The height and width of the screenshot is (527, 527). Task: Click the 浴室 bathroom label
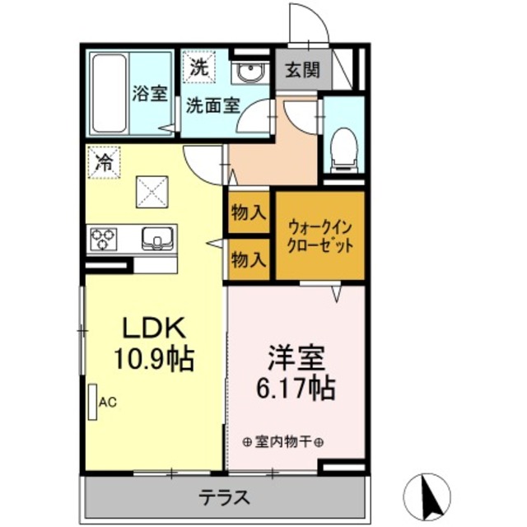coord(149,92)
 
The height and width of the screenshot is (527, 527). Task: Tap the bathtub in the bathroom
coord(109,93)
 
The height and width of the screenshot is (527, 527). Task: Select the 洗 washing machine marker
coord(198,68)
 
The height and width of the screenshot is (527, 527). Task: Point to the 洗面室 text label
coord(212,105)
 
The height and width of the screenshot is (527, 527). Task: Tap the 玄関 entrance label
coord(302,71)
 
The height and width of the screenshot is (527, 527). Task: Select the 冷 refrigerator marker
coord(104,158)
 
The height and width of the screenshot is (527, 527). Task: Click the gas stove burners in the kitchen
coord(104,239)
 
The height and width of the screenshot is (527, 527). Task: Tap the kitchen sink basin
coord(156,239)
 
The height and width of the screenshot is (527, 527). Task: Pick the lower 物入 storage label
coord(249,260)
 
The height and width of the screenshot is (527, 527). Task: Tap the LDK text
coord(155,329)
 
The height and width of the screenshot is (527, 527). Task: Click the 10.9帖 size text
coord(155,359)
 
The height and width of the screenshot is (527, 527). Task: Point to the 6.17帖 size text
coord(296,386)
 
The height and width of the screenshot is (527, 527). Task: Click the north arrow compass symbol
coord(428,496)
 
